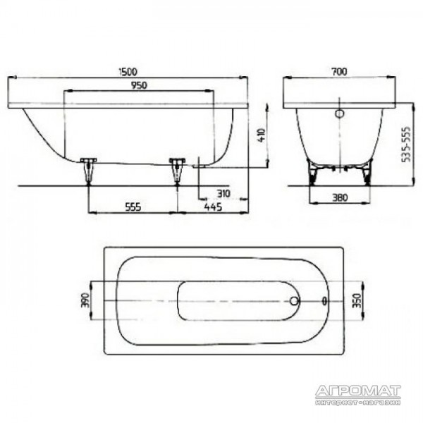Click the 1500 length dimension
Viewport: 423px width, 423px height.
pos(128,72)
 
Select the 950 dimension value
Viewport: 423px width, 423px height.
pos(139,85)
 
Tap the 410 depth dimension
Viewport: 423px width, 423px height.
pos(262,135)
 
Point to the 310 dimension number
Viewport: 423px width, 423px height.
pos(223,193)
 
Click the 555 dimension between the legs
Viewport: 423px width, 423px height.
pos(133,207)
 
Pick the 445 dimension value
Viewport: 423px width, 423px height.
pos(213,207)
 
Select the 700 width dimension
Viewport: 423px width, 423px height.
pos(340,71)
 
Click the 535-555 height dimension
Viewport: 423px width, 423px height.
pos(406,145)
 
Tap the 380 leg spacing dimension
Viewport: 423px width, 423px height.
pos(340,197)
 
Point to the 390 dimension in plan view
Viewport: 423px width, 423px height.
pos(85,300)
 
